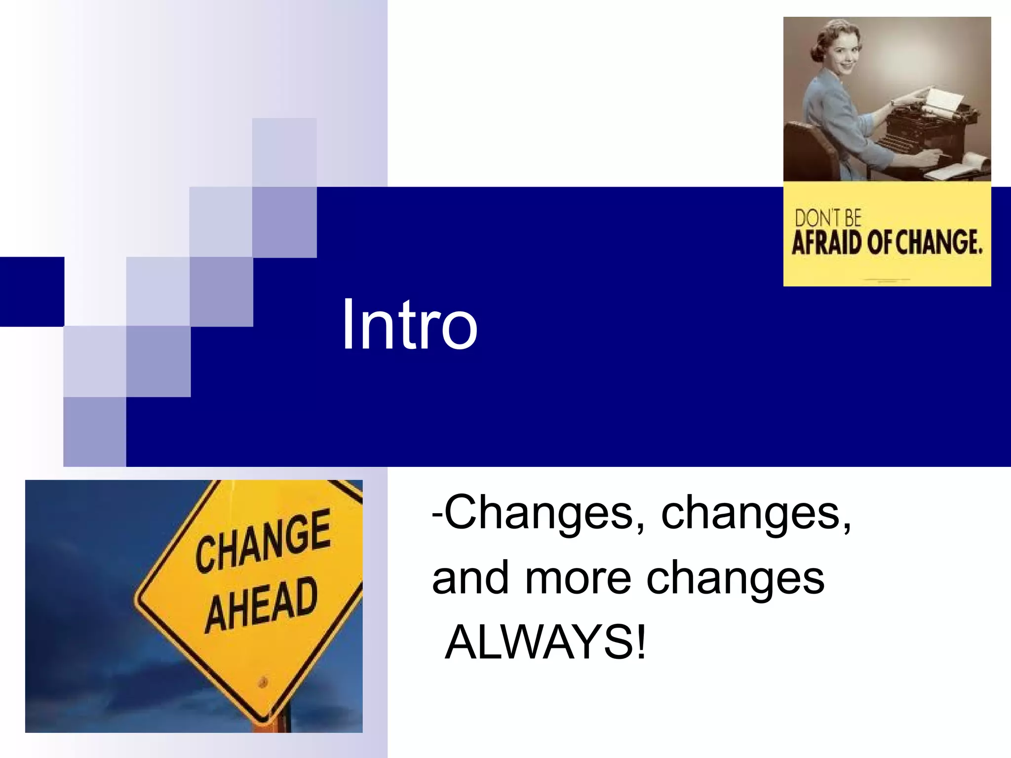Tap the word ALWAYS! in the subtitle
click(x=545, y=642)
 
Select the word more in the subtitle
click(x=578, y=578)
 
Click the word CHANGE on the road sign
click(x=263, y=541)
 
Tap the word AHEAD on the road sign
click(x=261, y=605)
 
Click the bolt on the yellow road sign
click(x=263, y=682)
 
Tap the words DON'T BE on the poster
click(x=827, y=218)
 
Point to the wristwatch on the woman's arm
click(x=893, y=104)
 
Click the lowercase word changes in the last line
click(x=736, y=578)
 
